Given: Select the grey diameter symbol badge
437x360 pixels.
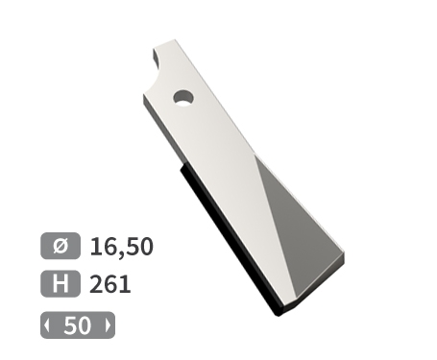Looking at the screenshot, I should [60, 247].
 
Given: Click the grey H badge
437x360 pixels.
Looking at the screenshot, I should [60, 284].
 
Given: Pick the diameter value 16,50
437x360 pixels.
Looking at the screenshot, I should [121, 248].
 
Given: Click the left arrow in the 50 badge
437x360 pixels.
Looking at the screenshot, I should [47, 326].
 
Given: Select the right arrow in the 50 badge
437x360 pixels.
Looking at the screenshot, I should [108, 326].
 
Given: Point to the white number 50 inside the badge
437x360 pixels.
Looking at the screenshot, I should [77, 326].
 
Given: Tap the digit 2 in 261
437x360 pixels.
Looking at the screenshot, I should [97, 285].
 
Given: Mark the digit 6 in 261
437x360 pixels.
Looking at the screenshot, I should [110, 285].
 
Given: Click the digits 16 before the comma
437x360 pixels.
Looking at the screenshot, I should [103, 248].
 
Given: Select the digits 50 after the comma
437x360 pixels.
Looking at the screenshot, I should [138, 248].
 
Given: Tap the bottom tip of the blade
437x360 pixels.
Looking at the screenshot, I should [279, 313].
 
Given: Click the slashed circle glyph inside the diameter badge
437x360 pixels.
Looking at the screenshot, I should [60, 247].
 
